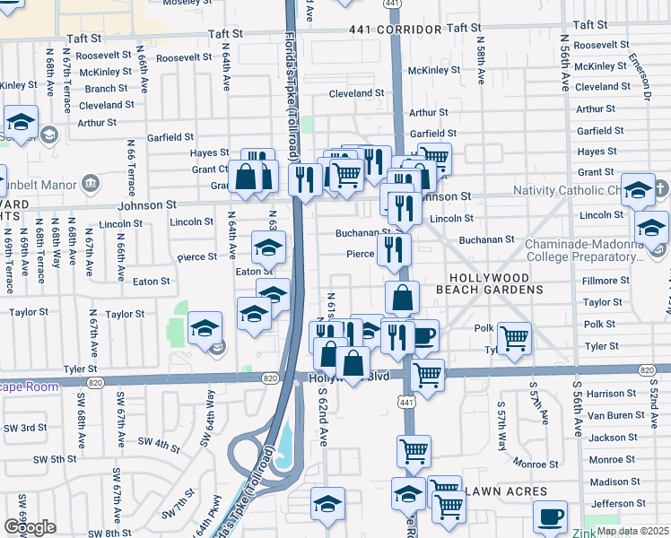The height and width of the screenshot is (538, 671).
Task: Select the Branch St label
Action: [x=106, y=89]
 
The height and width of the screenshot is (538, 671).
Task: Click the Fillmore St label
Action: [x=604, y=282]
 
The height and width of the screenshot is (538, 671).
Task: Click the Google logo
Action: [x=30, y=527]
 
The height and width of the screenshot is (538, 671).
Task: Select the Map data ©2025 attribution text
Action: [x=632, y=531]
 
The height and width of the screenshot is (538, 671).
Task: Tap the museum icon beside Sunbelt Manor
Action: [x=90, y=185]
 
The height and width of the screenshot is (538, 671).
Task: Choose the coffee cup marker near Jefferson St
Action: [x=550, y=516]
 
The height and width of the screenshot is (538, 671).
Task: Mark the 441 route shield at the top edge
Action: [x=392, y=4]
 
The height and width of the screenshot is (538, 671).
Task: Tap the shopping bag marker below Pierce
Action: [x=403, y=297]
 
